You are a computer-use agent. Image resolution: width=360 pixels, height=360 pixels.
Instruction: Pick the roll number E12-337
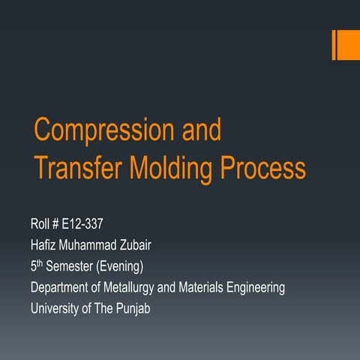[83, 223]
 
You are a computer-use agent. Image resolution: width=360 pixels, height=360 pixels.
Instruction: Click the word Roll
[40, 223]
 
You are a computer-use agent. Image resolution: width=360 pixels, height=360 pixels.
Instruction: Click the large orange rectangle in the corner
[348, 44]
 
